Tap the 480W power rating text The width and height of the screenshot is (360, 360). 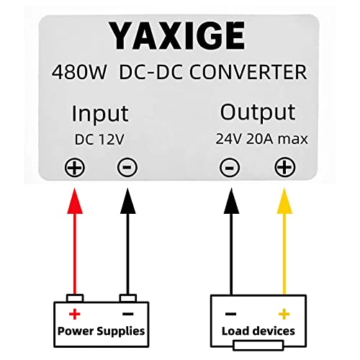tap(79, 73)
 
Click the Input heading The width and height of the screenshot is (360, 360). tap(100, 114)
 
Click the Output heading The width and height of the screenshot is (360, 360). tap(257, 112)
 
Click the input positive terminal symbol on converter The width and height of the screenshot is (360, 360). tap(74, 168)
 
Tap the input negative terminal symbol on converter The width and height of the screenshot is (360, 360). tap(127, 168)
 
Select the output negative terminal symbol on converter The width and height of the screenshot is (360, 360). tap(230, 168)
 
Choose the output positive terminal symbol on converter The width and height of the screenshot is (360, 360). tap(284, 168)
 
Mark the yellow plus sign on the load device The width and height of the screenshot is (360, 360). tap(284, 315)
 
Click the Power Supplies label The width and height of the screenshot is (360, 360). tap(100, 331)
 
